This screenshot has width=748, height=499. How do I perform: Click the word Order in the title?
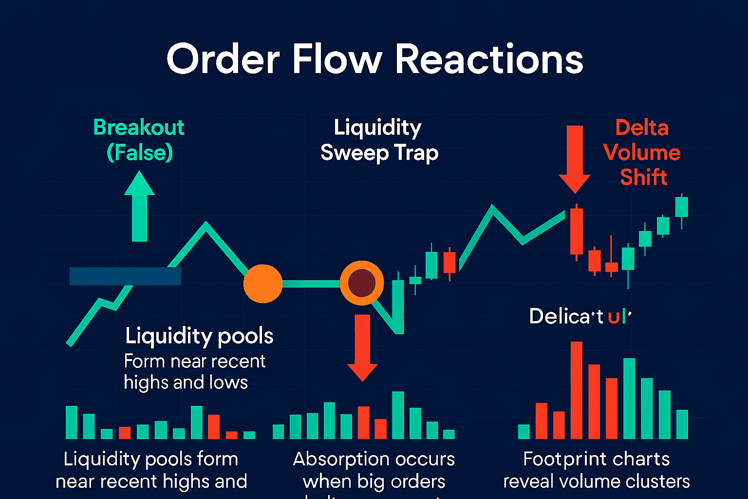223,59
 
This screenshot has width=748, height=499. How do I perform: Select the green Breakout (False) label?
139,140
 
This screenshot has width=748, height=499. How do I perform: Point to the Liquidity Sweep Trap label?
379,140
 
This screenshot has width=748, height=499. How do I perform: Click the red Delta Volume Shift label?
642,152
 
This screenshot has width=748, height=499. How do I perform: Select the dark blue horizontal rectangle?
125,276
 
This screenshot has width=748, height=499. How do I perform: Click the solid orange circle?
263,284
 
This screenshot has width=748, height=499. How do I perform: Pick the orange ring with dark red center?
362,283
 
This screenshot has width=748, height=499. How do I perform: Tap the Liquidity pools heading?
199,336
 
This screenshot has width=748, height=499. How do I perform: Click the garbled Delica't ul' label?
580,316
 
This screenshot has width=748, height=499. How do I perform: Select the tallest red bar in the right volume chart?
577,390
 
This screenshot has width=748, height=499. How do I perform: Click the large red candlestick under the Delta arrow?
577,231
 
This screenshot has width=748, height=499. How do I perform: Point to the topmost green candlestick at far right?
681,207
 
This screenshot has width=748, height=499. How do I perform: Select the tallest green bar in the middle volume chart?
398,415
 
